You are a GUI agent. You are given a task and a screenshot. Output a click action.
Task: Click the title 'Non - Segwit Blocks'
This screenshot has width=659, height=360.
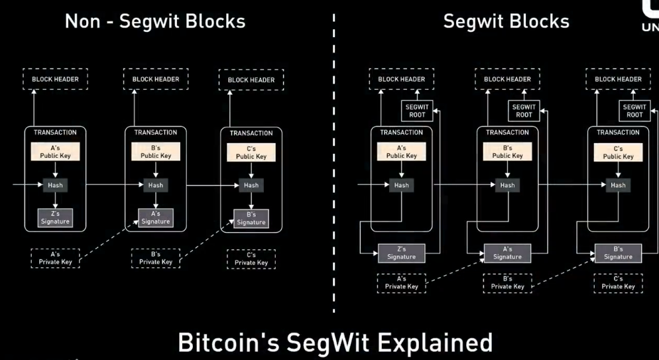point(155,21)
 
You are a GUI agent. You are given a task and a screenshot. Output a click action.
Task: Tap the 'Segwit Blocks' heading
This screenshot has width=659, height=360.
point(506,21)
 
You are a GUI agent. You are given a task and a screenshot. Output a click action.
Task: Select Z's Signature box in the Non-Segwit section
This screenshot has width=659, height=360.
point(55,217)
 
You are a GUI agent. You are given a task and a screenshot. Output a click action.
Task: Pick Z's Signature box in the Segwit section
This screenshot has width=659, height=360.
point(401,253)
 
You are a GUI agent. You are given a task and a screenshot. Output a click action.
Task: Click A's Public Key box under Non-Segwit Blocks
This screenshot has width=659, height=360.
point(55,152)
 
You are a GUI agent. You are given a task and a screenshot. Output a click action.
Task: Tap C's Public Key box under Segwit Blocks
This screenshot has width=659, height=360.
point(618,152)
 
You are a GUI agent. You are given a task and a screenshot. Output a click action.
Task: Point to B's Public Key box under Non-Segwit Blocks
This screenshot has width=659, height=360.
point(156,152)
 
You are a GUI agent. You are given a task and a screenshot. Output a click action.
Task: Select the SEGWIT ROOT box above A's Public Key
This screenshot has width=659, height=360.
point(417,111)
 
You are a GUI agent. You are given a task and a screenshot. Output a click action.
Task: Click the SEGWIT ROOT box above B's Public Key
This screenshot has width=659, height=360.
point(524,111)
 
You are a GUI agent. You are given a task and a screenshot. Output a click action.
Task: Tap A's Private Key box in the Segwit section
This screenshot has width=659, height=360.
point(402,282)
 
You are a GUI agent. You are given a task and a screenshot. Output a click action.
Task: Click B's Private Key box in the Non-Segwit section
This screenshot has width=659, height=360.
point(156,258)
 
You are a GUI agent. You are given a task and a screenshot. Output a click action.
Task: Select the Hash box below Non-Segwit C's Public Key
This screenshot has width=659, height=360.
point(251,185)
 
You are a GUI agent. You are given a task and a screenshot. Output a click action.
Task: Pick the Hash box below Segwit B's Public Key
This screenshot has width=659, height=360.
point(507,185)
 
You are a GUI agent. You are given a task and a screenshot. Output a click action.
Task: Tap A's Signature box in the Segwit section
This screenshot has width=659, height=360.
point(507,253)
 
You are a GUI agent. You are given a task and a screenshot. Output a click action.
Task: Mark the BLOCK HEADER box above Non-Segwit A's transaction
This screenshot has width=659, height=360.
point(55,79)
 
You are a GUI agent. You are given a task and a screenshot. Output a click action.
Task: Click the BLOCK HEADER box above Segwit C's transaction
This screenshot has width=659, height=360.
point(618,79)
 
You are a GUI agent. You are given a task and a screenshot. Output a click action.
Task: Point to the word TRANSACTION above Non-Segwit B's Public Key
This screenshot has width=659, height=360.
point(156,133)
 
